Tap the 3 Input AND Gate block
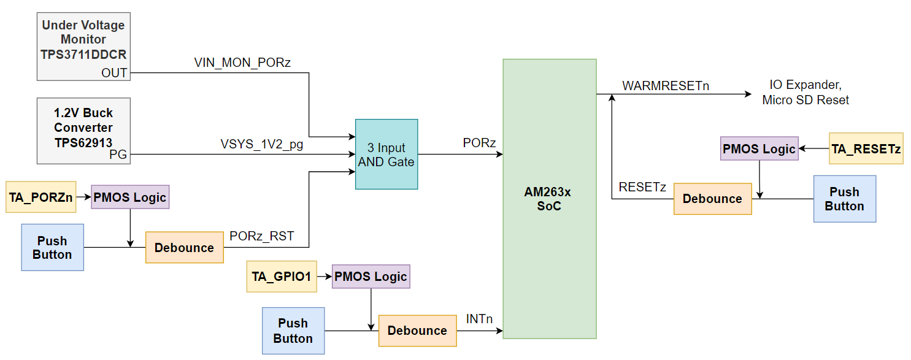coord(386,155)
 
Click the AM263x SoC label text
coord(548,199)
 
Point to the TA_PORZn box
coord(40,197)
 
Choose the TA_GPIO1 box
coord(281,277)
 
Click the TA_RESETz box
coord(866,148)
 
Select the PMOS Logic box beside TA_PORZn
coord(130,197)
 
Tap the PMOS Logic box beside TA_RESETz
coord(759,148)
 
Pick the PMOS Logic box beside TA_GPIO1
coord(371,277)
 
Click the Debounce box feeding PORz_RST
coord(184,248)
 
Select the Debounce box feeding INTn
coord(417,331)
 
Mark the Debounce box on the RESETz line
coord(712,199)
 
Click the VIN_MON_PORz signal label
coord(242,63)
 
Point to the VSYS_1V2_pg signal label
coord(262,145)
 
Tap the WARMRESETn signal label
coord(666,86)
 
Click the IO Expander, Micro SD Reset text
coord(805,93)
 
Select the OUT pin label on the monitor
coord(114,73)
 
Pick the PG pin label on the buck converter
coord(118,155)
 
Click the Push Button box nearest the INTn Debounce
coord(293,331)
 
